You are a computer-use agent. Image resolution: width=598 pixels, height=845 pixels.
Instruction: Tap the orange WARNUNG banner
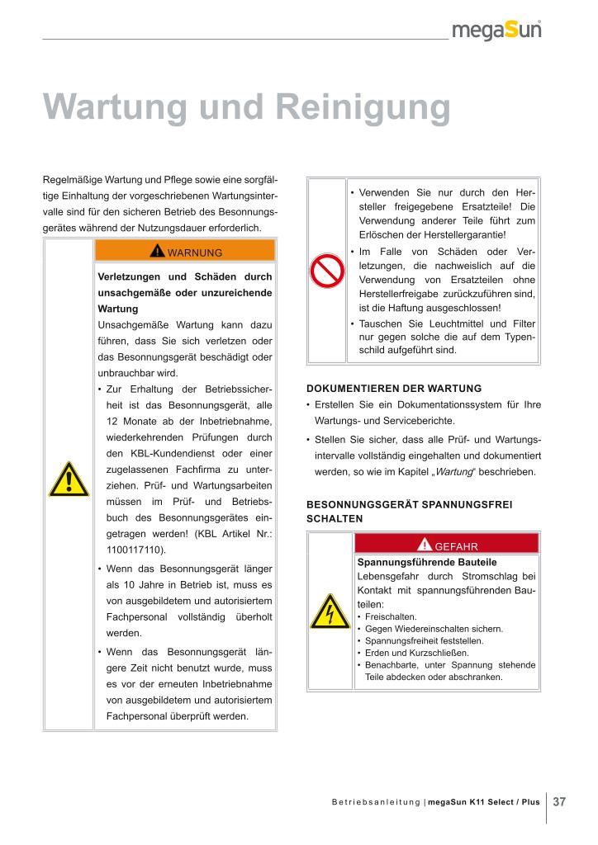[185, 251]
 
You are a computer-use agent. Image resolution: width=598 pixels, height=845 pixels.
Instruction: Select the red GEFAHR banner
[446, 544]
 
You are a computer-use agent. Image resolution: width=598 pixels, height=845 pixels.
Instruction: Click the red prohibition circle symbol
[326, 270]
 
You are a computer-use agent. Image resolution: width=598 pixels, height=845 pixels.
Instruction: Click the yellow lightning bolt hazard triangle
[330, 611]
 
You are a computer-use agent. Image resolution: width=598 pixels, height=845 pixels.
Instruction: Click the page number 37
[559, 801]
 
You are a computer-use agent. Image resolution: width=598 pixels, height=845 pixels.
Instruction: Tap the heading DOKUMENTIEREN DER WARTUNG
[393, 388]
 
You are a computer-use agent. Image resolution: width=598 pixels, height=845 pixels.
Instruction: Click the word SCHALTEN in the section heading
[335, 518]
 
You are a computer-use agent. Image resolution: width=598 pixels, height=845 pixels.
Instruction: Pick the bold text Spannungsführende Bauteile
[415, 561]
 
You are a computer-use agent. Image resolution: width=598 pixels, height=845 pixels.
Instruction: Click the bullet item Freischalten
[391, 616]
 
